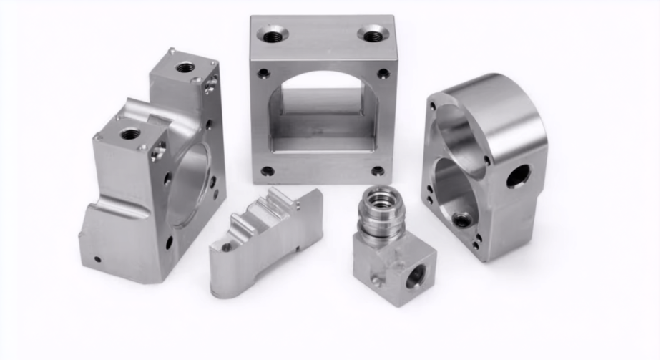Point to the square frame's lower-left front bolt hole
tap(267, 171)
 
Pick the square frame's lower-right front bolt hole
tap(376, 171)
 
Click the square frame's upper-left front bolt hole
tap(264, 73)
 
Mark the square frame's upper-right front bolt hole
tap(383, 73)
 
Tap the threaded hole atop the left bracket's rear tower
tap(185, 67)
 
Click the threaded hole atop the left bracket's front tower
tap(130, 133)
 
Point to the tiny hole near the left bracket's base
tap(98, 259)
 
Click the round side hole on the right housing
tap(519, 175)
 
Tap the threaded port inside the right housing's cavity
tap(463, 219)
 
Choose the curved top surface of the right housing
tap(494, 97)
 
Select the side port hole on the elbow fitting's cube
tap(416, 276)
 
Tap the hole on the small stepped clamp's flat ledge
tap(227, 248)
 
